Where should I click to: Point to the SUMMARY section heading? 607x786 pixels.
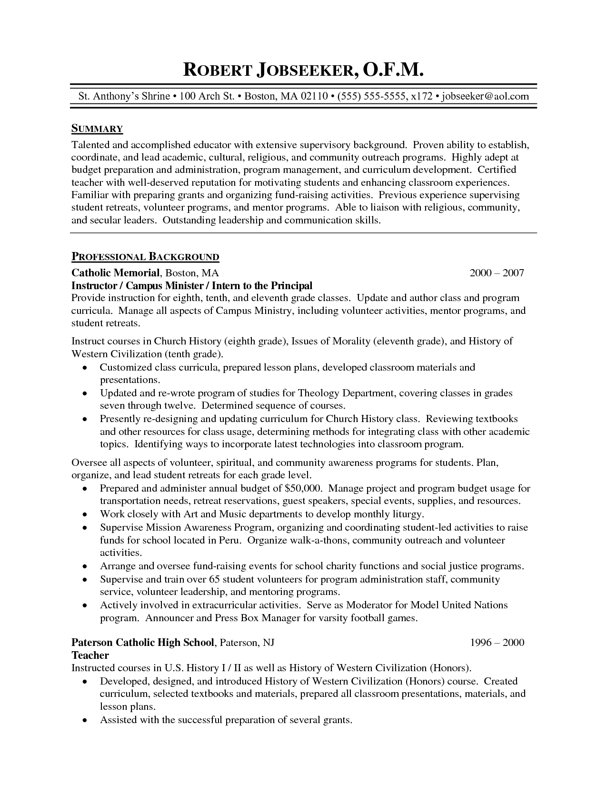click(97, 129)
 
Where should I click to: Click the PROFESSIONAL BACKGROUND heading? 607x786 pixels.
click(145, 257)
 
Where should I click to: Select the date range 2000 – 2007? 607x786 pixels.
click(497, 273)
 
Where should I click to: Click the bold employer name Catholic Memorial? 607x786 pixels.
click(115, 273)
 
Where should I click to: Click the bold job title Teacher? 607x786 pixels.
click(90, 655)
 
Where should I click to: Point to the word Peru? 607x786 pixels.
click(231, 540)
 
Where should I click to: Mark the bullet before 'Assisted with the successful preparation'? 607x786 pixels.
click(85, 720)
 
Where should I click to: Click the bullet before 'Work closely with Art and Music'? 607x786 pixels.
click(85, 514)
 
